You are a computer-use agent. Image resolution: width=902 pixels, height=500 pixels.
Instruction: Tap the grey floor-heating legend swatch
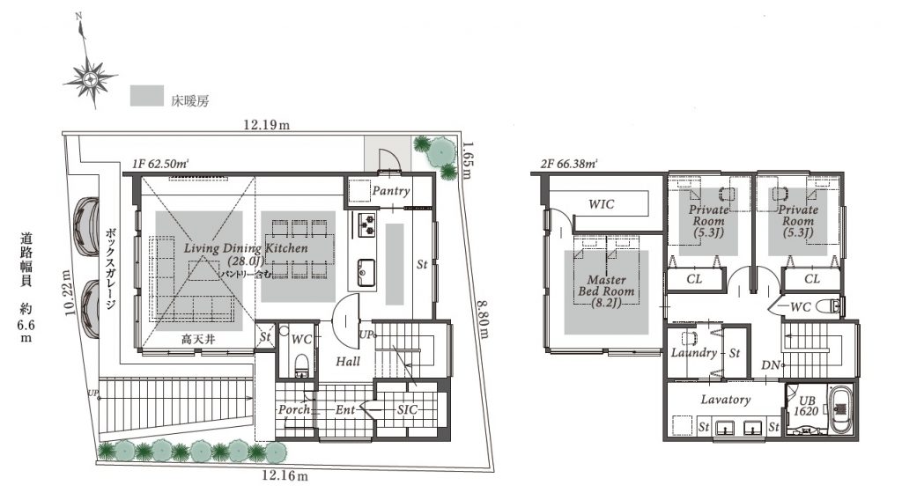point(147,95)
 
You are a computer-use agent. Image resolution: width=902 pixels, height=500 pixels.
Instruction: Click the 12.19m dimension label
point(266,124)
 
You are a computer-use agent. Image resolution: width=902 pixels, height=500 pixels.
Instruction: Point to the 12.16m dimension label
point(285,475)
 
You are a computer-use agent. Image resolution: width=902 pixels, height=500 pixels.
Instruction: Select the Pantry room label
point(390,191)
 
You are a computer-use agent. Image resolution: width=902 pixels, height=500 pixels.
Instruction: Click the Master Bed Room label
point(606,290)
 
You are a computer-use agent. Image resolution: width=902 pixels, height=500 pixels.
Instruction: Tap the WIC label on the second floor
point(601,204)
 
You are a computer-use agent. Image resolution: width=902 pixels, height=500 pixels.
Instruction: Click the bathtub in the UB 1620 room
point(841,409)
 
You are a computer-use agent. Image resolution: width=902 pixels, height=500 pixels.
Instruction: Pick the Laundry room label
point(694,353)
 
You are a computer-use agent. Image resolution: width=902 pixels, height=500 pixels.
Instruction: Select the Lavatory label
point(726,399)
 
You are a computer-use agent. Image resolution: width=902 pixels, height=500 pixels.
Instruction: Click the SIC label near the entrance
point(407,409)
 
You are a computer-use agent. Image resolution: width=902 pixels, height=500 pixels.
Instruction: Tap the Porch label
point(294,409)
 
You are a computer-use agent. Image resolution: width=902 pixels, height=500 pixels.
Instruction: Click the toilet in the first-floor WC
point(301,365)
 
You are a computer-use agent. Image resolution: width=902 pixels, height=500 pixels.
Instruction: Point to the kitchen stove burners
point(367,225)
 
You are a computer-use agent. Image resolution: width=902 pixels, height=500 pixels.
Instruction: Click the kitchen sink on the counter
point(366,272)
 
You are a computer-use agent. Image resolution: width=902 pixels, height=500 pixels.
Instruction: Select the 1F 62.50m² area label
point(160,163)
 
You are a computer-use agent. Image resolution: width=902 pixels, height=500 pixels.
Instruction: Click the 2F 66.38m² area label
point(569,164)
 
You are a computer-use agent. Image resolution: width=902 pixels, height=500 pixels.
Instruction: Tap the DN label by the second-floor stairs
point(770,365)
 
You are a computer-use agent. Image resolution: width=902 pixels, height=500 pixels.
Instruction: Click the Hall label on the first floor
point(347,362)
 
